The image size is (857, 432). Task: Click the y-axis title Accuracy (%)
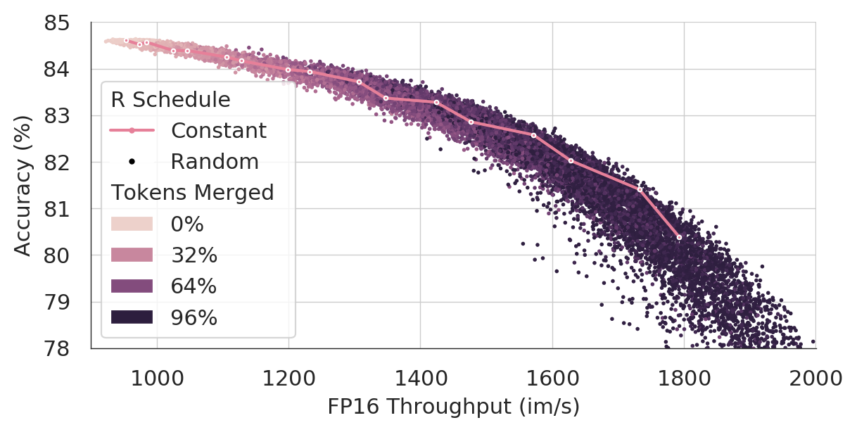pos(23,186)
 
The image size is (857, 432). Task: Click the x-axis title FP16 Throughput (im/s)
pos(453,407)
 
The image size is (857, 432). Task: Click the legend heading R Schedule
pos(171,100)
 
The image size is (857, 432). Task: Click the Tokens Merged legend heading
pos(192,193)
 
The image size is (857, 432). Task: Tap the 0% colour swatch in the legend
pos(132,224)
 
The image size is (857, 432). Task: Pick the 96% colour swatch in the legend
pos(132,317)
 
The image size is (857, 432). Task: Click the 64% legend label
pos(193,286)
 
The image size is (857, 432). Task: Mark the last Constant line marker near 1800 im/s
pos(679,237)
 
